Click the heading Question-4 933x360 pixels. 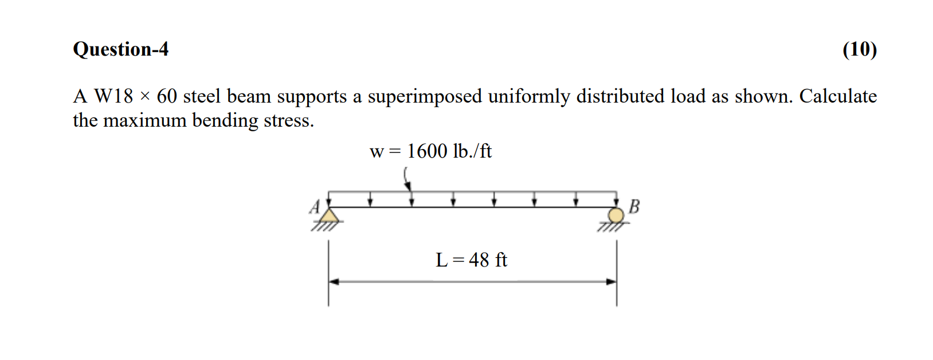click(120, 49)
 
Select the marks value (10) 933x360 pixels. click(859, 49)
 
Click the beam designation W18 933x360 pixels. click(113, 96)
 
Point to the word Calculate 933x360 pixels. click(838, 96)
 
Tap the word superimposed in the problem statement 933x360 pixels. click(425, 96)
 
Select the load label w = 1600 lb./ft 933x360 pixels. click(431, 151)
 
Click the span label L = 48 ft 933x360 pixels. click(471, 260)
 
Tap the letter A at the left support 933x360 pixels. click(315, 206)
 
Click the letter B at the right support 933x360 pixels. click(634, 206)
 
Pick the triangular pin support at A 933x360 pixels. click(328, 216)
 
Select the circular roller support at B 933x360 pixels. click(616, 216)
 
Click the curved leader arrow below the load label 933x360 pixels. click(406, 178)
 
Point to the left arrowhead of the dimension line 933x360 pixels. click(334, 281)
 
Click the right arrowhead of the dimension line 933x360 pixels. click(611, 281)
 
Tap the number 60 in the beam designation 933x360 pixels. click(167, 96)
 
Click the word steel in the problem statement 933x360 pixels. click(202, 96)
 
